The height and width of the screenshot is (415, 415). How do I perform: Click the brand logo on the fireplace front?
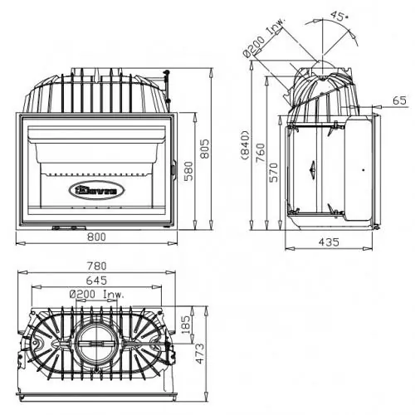[98, 189]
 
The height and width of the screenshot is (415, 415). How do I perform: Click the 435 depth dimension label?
[330, 242]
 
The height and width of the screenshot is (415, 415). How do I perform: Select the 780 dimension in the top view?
[97, 266]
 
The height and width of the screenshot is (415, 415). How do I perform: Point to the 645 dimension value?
[97, 280]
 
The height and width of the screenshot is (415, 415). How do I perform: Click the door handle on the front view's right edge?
[172, 171]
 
